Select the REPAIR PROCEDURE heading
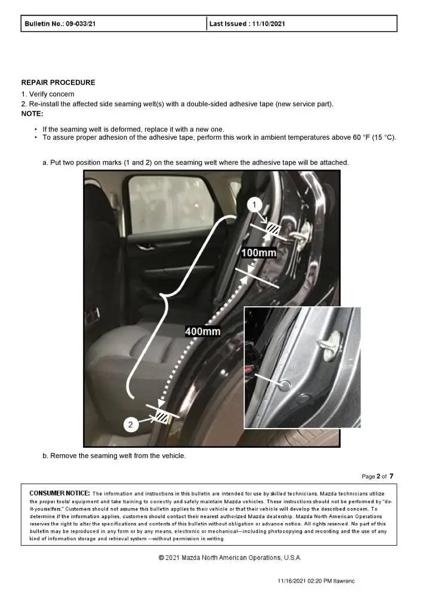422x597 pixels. [58, 82]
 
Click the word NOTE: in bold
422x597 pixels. [32, 113]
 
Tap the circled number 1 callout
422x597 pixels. [255, 205]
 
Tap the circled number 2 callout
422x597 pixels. [132, 424]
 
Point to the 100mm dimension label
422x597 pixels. [258, 253]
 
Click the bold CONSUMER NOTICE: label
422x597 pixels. [60, 493]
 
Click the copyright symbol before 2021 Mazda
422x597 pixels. [161, 558]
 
